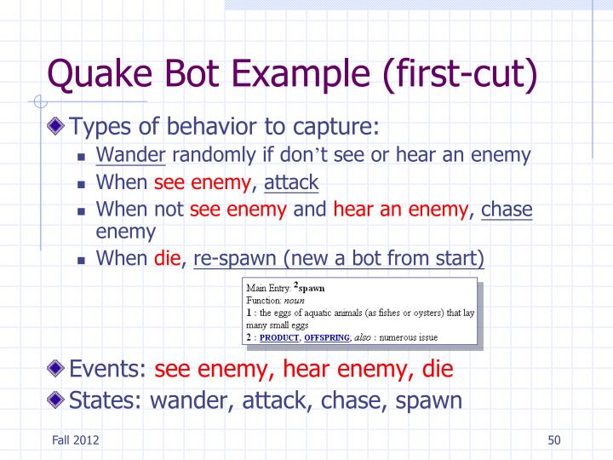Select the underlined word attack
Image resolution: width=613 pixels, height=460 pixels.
click(291, 181)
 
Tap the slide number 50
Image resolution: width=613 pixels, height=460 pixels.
click(554, 440)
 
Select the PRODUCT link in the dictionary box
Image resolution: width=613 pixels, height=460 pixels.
click(279, 337)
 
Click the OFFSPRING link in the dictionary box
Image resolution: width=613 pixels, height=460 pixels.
click(327, 337)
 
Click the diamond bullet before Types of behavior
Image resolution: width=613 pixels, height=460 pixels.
click(57, 127)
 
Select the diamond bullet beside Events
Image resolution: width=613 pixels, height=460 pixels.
click(57, 369)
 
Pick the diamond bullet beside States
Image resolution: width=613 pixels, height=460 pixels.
click(57, 398)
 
